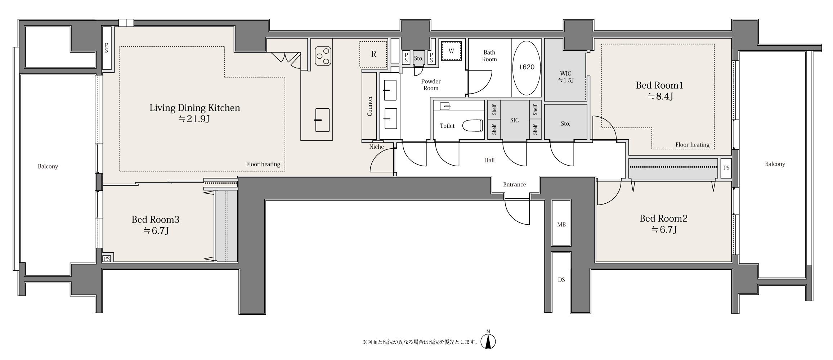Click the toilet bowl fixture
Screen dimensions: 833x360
coord(472,126)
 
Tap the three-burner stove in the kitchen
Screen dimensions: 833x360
coord(323,57)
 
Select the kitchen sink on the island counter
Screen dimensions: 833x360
coord(322,120)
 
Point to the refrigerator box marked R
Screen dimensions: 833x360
coord(373,54)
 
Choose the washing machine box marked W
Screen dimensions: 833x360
coord(451,51)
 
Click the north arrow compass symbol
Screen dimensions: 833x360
coord(488,340)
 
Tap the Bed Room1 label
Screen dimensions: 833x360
coord(659,85)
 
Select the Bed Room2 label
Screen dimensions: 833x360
coord(663,219)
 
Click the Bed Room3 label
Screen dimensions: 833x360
coord(155,220)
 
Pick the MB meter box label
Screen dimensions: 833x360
coord(561,225)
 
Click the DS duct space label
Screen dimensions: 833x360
coord(561,280)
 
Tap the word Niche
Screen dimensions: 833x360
coord(376,147)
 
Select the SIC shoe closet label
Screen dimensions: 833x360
coord(514,120)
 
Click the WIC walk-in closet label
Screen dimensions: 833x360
coord(565,74)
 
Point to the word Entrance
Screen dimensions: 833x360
coord(514,184)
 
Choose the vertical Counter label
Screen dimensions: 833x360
coord(370,106)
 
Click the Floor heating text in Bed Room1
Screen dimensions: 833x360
coord(692,145)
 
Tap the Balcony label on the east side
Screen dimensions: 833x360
coord(775,164)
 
